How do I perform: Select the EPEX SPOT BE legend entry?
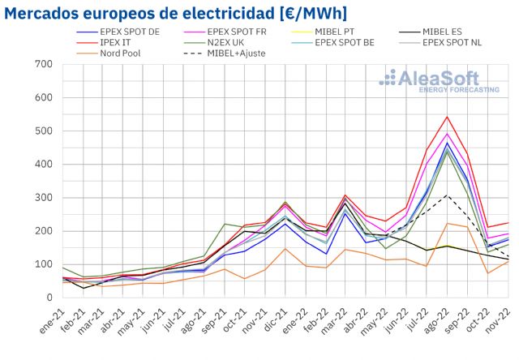coord(347,43)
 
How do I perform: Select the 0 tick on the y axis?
coord(47,298)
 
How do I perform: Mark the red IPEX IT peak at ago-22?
coord(448,117)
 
